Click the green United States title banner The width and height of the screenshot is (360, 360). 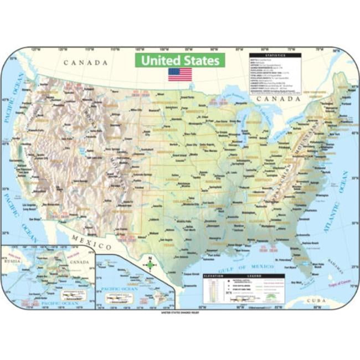tap(180, 60)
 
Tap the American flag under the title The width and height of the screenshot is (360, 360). tap(180, 75)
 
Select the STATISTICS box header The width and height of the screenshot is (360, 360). tap(275, 55)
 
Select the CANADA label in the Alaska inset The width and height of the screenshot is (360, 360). tap(80, 262)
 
